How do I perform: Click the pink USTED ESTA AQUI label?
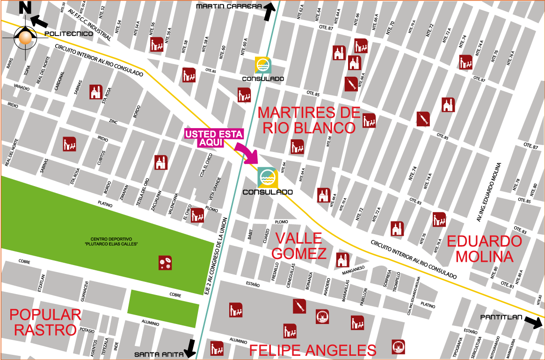[x=214, y=138]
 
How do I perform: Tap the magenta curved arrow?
[x=246, y=152]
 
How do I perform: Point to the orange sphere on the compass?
[x=25, y=37]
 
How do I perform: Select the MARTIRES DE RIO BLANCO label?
[x=309, y=120]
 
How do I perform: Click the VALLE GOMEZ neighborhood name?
[x=299, y=246]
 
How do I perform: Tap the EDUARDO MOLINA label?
[x=484, y=249]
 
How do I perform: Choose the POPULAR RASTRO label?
[x=45, y=322]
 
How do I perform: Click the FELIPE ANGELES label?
[x=312, y=350]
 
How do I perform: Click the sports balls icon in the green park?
[x=165, y=263]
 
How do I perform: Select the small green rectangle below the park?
[x=163, y=308]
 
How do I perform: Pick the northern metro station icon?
[x=263, y=65]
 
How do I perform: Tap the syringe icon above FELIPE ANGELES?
[x=299, y=306]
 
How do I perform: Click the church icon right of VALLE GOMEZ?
[x=342, y=260]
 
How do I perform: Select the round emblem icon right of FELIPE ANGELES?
[x=398, y=346]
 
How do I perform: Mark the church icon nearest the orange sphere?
[x=96, y=92]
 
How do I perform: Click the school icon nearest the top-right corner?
[x=465, y=62]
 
